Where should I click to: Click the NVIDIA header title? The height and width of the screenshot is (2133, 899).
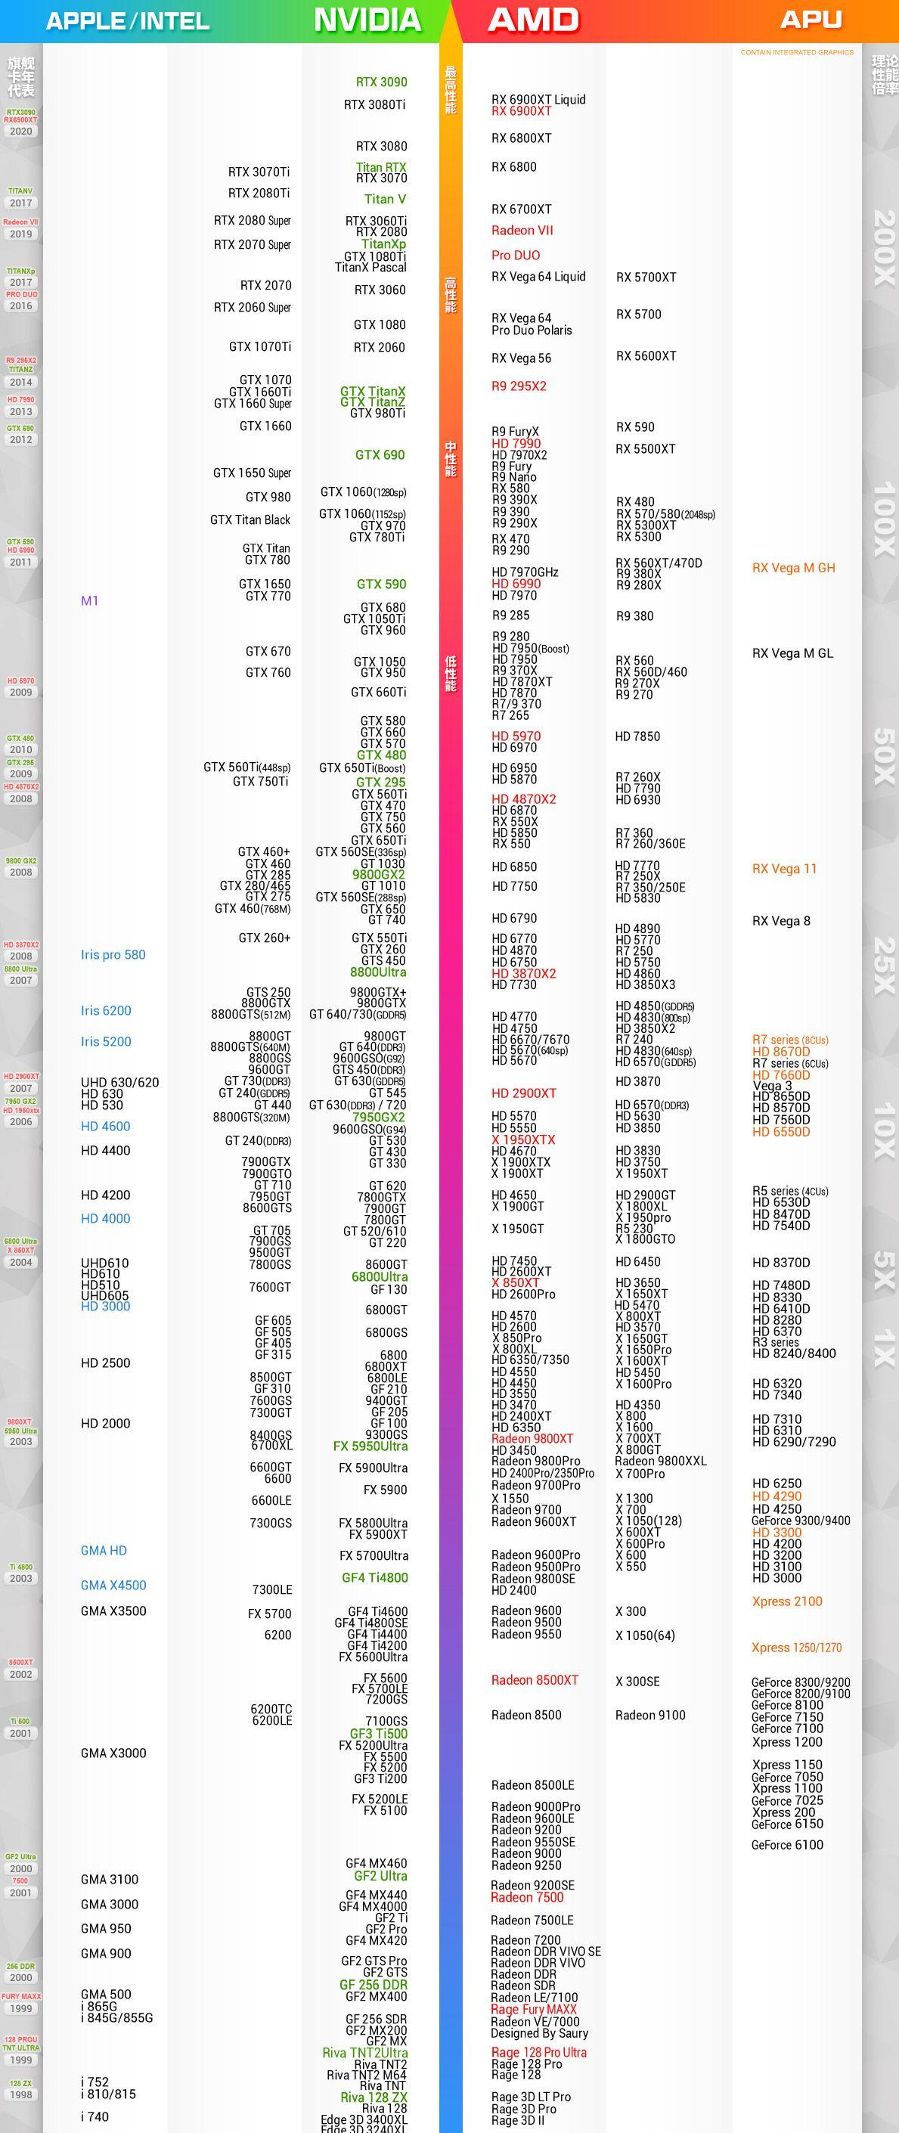367,20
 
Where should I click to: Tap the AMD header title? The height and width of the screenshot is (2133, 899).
533,20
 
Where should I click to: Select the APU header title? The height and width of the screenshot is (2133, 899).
811,20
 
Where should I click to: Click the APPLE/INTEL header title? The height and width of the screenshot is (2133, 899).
128,20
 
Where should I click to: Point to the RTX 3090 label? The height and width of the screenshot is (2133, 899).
381,82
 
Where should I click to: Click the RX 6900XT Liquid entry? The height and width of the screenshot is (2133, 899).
538,99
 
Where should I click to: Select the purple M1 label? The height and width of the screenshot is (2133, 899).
89,600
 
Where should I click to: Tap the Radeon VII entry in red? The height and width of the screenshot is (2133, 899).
522,230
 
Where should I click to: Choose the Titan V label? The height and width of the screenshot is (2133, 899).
385,199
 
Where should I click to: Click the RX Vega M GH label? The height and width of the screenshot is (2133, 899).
793,567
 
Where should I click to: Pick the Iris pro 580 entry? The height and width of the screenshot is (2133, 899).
113,955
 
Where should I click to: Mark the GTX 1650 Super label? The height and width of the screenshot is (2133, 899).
252,473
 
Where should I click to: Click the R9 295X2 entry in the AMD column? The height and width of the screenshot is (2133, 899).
518,386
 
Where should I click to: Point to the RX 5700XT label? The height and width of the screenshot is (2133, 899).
646,277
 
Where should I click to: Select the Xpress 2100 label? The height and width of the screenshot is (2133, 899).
786,1601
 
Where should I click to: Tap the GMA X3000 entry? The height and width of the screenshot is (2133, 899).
113,1753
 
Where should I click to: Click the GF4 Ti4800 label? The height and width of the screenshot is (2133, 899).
374,1577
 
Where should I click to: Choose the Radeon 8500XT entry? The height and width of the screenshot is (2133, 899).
534,1680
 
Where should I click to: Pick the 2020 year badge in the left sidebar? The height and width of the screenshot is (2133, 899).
20,131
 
